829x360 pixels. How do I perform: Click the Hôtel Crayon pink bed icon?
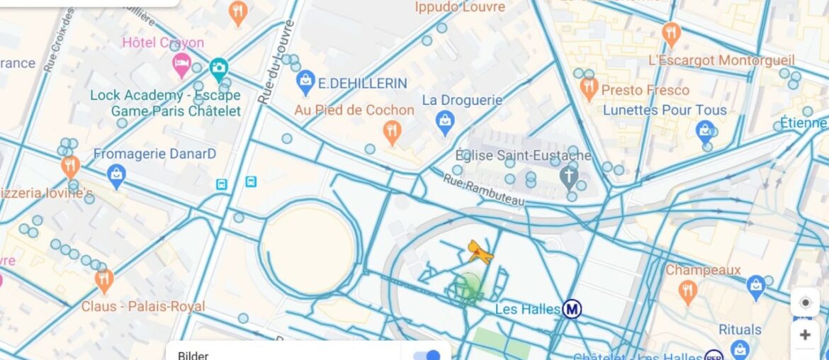[182, 65]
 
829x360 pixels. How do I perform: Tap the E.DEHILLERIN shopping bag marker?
[305, 82]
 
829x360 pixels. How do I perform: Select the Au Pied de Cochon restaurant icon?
[392, 132]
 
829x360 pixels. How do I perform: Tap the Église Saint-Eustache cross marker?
[569, 176]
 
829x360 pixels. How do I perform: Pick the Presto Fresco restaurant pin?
[589, 89]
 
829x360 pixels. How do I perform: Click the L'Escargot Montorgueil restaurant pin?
[670, 34]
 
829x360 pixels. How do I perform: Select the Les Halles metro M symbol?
[572, 309]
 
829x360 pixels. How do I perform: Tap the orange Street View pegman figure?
[480, 252]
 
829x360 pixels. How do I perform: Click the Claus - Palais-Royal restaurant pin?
[104, 280]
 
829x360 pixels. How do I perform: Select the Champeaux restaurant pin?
[687, 291]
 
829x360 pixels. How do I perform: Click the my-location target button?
[805, 303]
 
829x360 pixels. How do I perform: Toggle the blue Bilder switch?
[428, 354]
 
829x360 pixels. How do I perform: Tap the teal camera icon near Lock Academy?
[218, 68]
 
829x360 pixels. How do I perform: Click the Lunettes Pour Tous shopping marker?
[704, 130]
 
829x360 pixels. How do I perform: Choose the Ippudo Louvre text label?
[460, 7]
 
